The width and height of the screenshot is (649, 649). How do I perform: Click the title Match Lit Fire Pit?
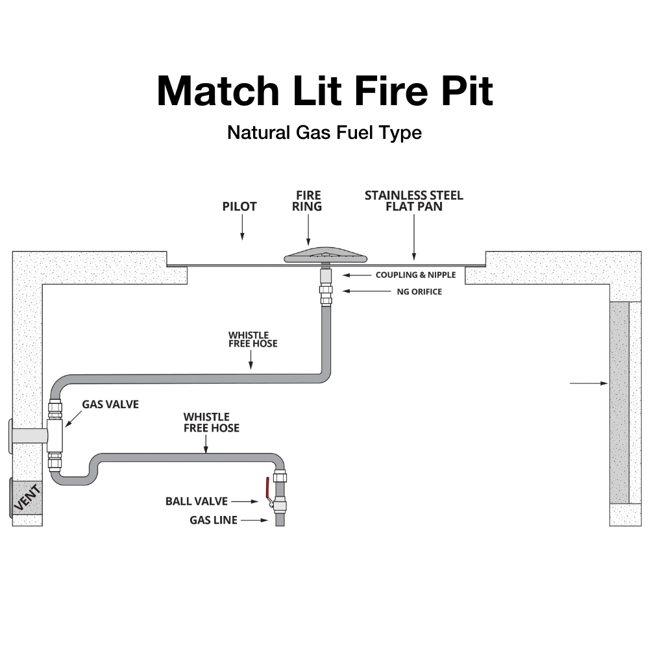pos(324,91)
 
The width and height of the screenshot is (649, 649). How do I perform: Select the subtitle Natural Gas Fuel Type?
pos(324,132)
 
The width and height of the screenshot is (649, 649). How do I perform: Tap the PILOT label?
pos(239,206)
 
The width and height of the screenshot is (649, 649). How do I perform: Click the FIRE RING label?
pos(308,201)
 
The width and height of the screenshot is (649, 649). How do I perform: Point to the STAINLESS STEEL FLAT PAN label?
pos(413,201)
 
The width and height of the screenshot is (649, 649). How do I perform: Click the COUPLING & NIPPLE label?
pos(415,275)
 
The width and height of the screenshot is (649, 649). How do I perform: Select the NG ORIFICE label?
pos(419,292)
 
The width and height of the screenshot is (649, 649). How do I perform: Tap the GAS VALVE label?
pos(110,404)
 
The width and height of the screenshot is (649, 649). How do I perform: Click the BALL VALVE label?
pos(196,501)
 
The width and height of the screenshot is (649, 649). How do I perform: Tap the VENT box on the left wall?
pos(26,498)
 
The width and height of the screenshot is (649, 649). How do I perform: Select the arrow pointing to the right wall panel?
pos(588,384)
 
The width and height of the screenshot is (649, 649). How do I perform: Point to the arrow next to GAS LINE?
pos(254,520)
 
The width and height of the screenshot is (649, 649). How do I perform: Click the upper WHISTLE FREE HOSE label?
pos(252,339)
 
